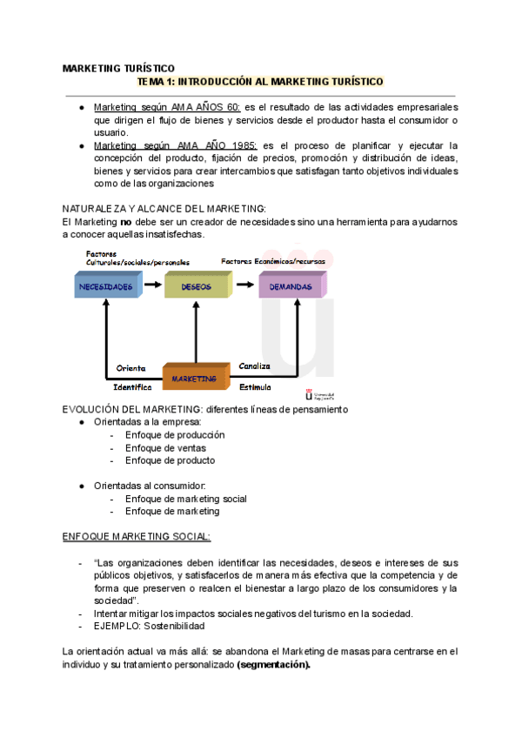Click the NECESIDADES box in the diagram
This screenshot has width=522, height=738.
click(x=105, y=286)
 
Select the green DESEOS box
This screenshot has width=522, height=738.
click(x=197, y=286)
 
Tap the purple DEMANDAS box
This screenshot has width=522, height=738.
click(x=291, y=286)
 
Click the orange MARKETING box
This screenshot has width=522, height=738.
click(x=194, y=379)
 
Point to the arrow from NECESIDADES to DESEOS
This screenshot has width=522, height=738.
click(x=151, y=285)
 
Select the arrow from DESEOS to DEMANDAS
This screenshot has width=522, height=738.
click(x=245, y=285)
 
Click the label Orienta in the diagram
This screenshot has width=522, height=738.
click(x=131, y=368)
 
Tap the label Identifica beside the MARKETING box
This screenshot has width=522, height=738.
click(x=133, y=386)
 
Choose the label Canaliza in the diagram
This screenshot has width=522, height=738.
click(x=255, y=366)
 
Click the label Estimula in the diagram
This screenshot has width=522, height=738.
click(x=255, y=386)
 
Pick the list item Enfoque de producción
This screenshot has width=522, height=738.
click(x=174, y=434)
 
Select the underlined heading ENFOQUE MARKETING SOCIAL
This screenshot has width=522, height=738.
click(x=137, y=537)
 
